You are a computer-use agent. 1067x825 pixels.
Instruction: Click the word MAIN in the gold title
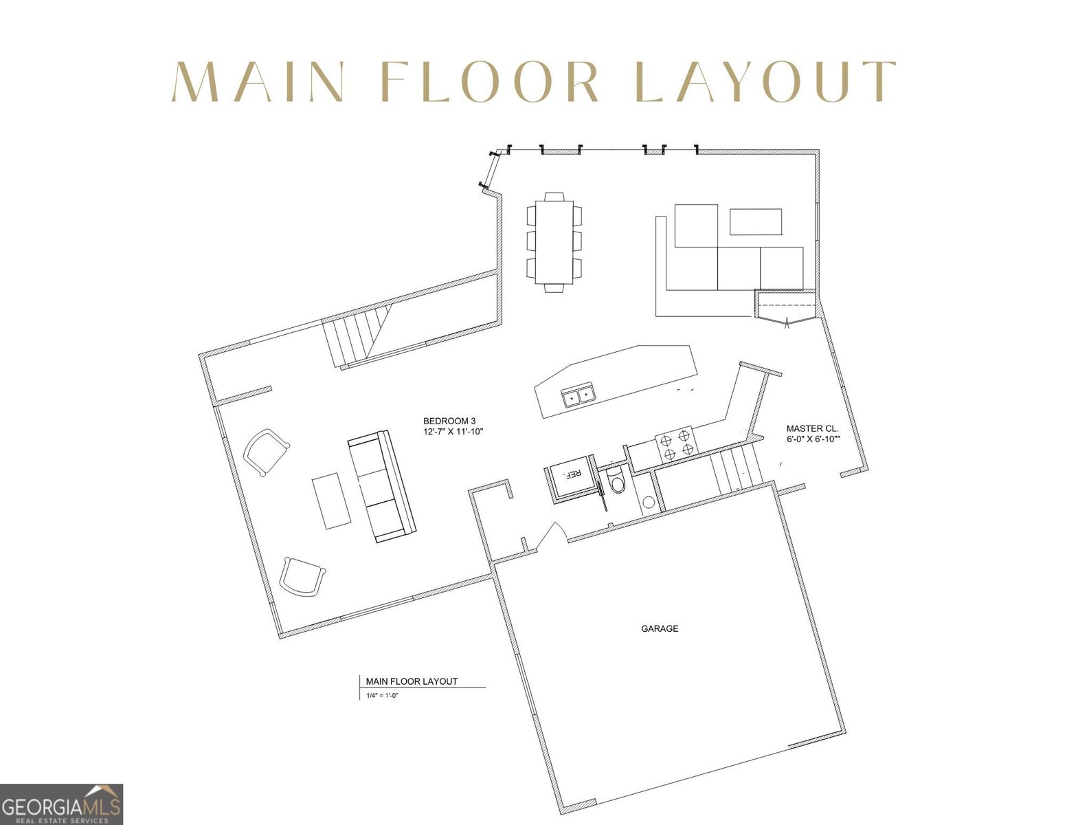258,82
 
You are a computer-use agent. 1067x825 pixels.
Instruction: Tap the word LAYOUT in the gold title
765,82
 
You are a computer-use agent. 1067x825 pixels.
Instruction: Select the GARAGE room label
659,628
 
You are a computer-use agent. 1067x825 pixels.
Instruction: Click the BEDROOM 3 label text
449,421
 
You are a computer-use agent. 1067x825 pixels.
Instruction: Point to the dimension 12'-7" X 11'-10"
453,432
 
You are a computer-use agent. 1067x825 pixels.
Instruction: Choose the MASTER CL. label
812,428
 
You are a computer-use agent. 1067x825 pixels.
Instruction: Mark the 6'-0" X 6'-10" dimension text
813,438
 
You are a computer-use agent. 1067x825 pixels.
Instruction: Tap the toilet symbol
616,481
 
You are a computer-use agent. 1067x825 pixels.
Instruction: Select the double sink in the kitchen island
579,397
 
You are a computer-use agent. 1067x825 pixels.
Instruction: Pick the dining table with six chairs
554,242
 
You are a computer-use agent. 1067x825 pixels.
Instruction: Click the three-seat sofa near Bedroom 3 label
382,486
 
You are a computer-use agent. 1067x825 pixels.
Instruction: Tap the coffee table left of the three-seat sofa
331,500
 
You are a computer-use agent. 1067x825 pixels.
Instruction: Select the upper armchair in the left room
266,452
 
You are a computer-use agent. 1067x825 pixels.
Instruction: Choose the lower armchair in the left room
302,576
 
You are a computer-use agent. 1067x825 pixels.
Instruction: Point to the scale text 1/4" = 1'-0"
382,696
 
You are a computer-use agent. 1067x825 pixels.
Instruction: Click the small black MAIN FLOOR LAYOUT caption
411,681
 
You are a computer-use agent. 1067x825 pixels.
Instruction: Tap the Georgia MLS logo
61,804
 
